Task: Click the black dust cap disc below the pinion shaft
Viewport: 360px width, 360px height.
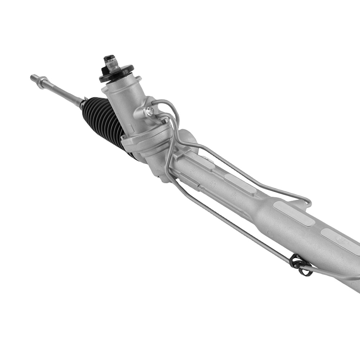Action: (116, 74)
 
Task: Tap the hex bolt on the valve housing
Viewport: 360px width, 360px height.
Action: (150, 111)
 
